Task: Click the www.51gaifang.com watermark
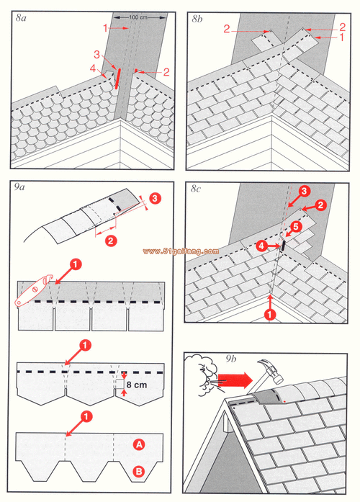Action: [x=180, y=251]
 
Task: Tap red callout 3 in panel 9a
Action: [x=154, y=197]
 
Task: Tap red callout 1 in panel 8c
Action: [x=268, y=314]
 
